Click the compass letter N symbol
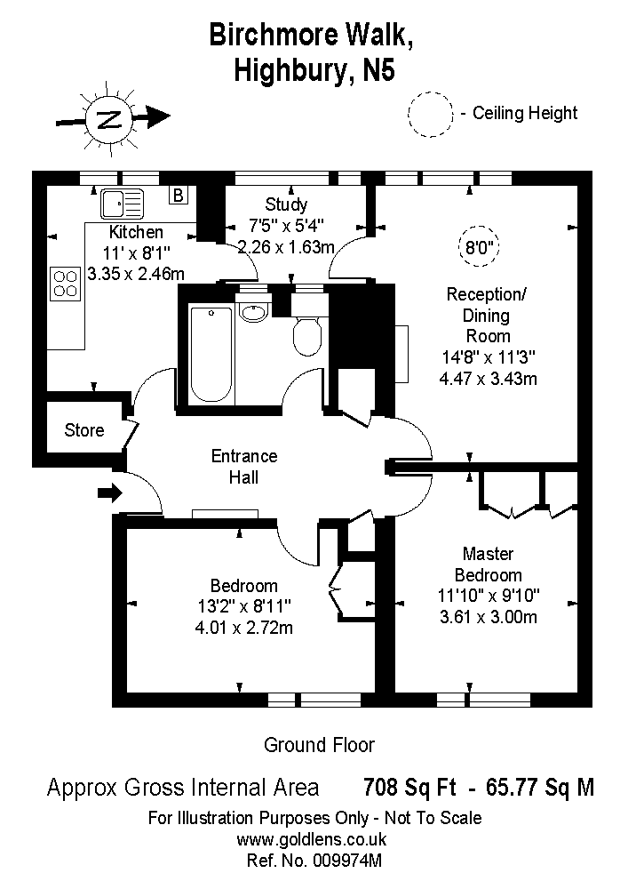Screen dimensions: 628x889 pos(108,119)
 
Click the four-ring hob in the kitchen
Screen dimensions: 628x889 pos(66,283)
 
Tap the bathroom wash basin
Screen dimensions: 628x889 pos(254,312)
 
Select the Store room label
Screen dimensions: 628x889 pos(84,431)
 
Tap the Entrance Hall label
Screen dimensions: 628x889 pos(244,467)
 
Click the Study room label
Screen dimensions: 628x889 pos(286,204)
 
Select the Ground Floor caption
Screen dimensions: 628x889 pos(320,745)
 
